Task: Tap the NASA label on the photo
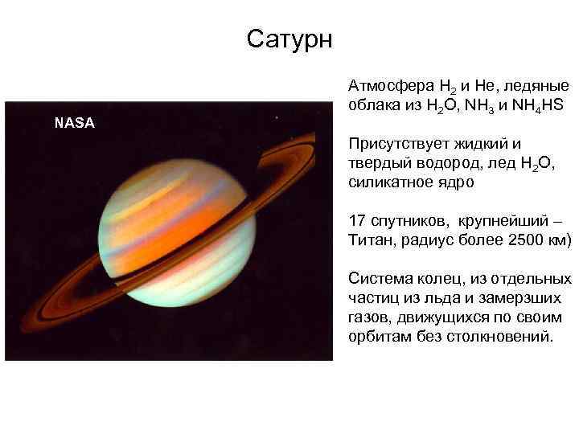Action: pyautogui.click(x=74, y=123)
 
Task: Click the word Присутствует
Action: pyautogui.click(x=395, y=144)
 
